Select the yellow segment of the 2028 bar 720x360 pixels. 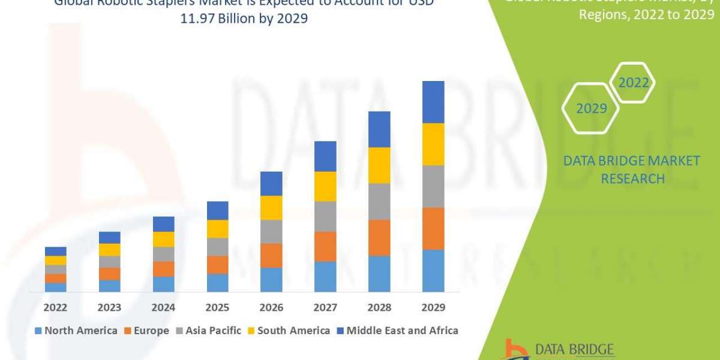click(379, 165)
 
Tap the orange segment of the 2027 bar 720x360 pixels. click(325, 246)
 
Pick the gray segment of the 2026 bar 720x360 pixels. click(271, 231)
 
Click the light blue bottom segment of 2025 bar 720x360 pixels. click(218, 283)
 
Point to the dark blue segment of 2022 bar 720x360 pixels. click(56, 251)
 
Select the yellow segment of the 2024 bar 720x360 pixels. click(164, 239)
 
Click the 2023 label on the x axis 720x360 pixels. click(110, 307)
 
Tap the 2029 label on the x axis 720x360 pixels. click(433, 307)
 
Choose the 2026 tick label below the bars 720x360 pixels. click(271, 307)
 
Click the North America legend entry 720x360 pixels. click(76, 331)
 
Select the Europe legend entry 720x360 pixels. click(147, 331)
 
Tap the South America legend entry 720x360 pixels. click(289, 331)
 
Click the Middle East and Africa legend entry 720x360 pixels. click(397, 331)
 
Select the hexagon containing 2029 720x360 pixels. click(591, 109)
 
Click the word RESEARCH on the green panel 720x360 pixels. click(632, 178)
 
